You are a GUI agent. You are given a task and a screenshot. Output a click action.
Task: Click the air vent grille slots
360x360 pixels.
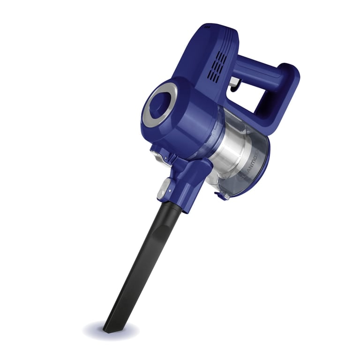click(x=217, y=66)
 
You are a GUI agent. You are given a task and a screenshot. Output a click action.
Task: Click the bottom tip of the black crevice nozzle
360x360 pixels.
click(x=109, y=328)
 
